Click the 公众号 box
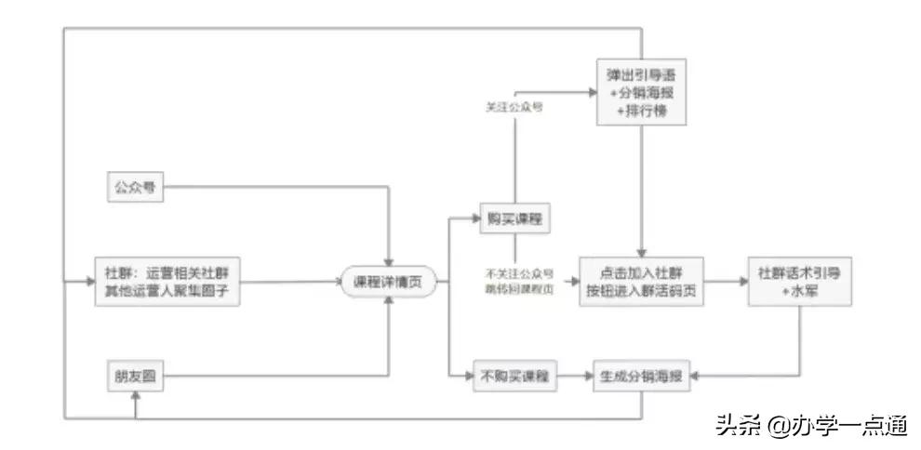pyautogui.click(x=133, y=188)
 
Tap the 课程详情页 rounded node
pyautogui.click(x=388, y=282)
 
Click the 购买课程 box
pyautogui.click(x=514, y=219)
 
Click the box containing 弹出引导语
pyautogui.click(x=642, y=93)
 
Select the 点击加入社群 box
pyautogui.click(x=641, y=281)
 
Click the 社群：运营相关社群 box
pyautogui.click(x=167, y=281)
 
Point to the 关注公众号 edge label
pyautogui.click(x=514, y=107)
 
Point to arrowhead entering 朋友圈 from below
pyautogui.click(x=136, y=396)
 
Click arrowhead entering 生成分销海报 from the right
pyautogui.click(x=689, y=377)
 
